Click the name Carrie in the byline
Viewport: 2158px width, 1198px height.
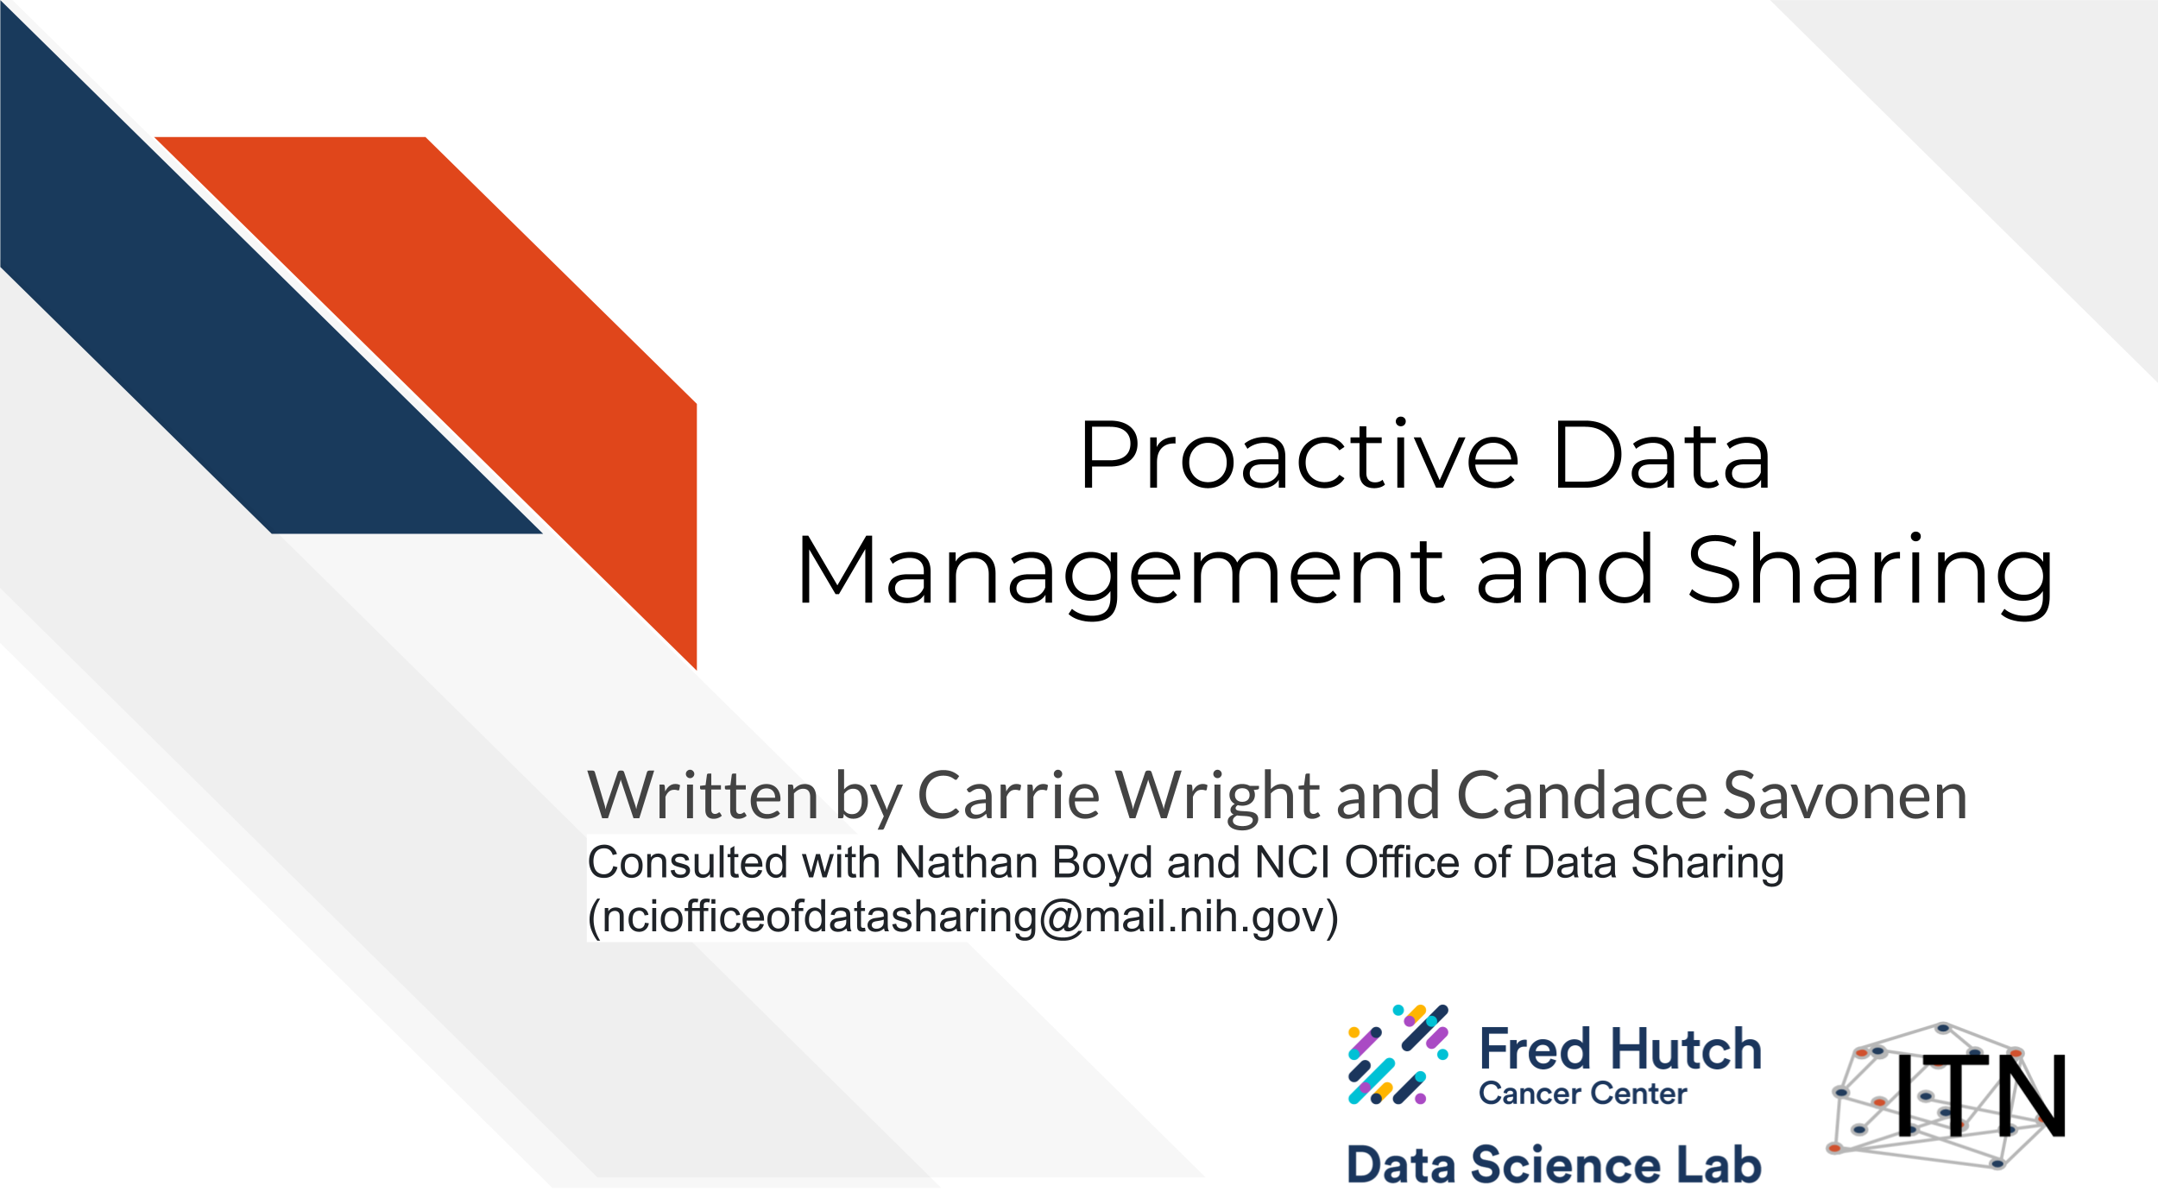(x=1008, y=795)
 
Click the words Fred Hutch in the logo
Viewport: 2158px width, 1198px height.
(x=1620, y=1049)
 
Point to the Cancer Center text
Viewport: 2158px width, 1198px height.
(x=1582, y=1094)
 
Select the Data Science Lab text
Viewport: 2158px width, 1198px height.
(x=1554, y=1164)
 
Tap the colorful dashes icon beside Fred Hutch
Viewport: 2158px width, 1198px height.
(x=1398, y=1055)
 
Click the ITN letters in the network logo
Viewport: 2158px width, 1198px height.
(x=1979, y=1095)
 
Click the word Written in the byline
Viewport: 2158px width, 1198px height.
(x=703, y=795)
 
